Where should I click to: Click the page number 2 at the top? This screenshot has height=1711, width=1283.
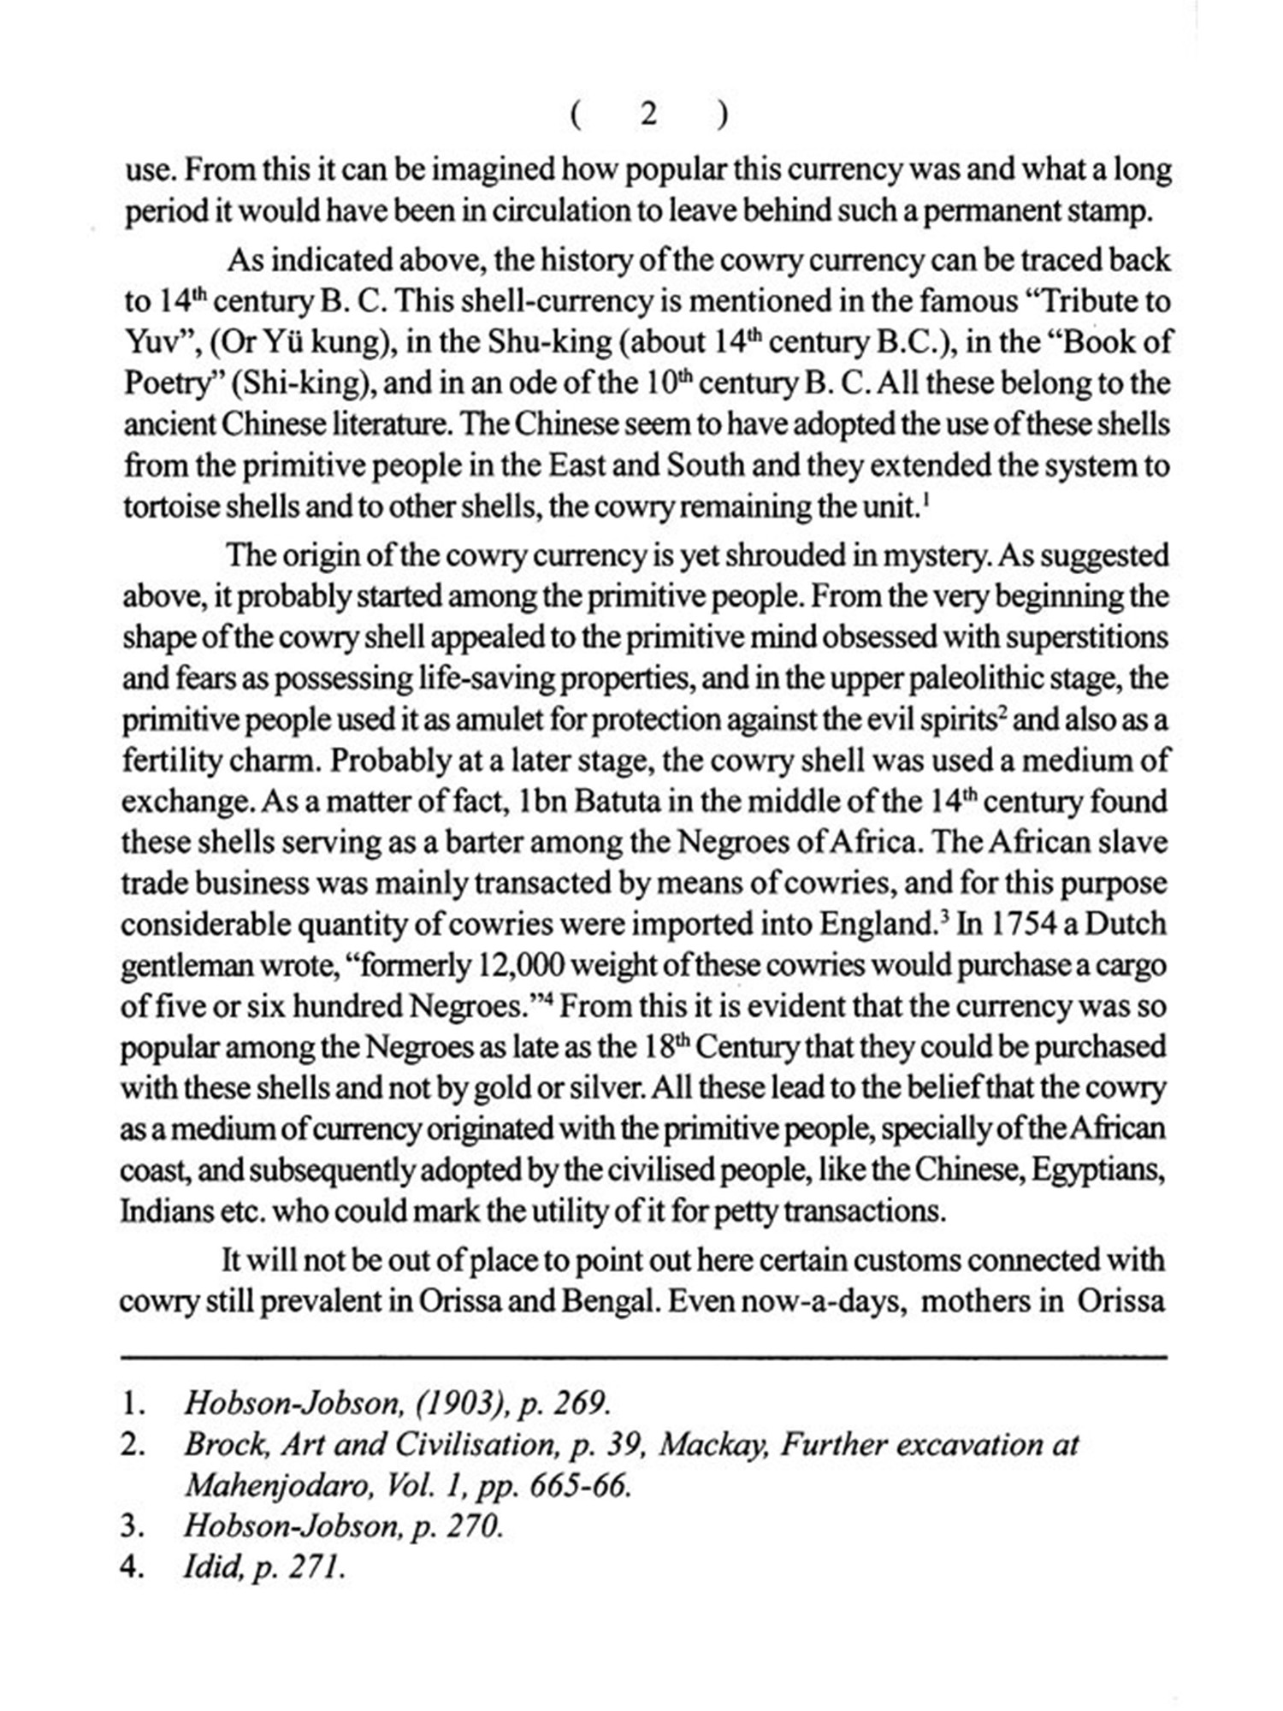[x=648, y=114]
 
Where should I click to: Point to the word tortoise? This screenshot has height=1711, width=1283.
[x=169, y=506]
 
